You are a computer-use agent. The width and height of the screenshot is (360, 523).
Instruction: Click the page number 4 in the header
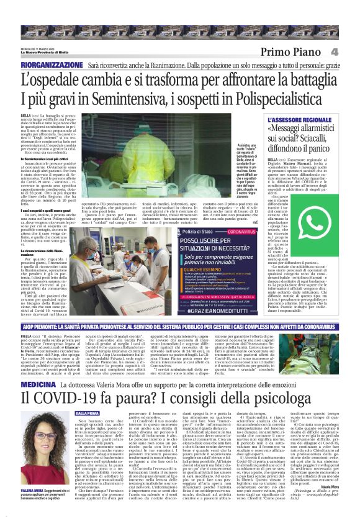351,52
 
